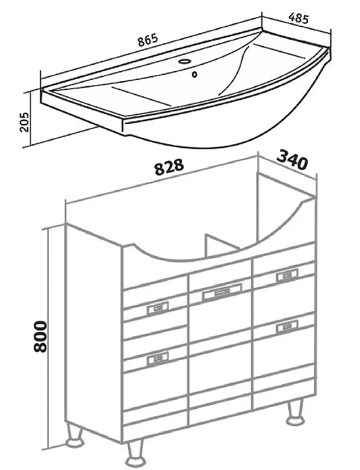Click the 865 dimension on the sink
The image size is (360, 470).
[x=148, y=40]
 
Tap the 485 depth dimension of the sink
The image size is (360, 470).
[x=298, y=19]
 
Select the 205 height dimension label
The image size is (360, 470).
[x=24, y=122]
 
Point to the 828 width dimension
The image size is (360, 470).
[x=169, y=167]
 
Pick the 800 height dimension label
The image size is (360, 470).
[x=41, y=336]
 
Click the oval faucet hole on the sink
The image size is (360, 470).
[x=184, y=62]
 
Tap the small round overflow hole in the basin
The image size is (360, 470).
[x=194, y=74]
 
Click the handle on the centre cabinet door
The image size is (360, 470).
[x=222, y=291]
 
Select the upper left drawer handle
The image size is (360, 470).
[x=157, y=308]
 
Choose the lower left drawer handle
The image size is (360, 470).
[x=157, y=358]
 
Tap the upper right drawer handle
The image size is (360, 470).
[x=287, y=276]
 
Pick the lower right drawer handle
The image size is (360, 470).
[x=287, y=327]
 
